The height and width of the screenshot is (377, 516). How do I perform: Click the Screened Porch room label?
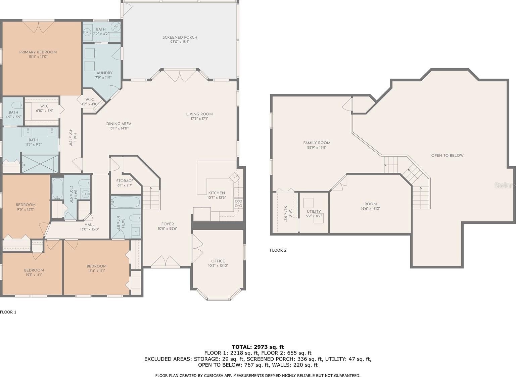(180, 37)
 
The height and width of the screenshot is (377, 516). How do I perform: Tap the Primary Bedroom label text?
(38, 52)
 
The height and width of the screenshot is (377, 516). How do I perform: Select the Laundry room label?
(103, 73)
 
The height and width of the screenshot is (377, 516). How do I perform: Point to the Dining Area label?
(119, 124)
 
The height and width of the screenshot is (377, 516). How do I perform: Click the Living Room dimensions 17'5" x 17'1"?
(199, 119)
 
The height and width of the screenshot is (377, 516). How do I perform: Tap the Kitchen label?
(217, 193)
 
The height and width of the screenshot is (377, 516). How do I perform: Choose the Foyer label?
(168, 224)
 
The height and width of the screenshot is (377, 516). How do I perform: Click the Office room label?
(218, 261)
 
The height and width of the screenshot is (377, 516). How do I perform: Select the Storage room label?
(125, 181)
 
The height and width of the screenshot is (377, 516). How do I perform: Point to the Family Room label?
(317, 143)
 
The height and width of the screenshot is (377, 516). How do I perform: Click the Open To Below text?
(448, 156)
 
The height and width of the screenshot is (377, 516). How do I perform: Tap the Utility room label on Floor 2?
(314, 211)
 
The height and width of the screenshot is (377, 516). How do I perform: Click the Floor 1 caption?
(8, 312)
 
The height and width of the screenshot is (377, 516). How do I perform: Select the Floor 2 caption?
(278, 250)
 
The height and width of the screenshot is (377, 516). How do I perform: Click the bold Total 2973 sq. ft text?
(258, 347)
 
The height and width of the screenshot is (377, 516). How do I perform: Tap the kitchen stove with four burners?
(238, 204)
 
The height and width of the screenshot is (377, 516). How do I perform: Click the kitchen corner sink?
(235, 177)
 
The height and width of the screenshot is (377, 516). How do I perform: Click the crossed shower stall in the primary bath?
(40, 164)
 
